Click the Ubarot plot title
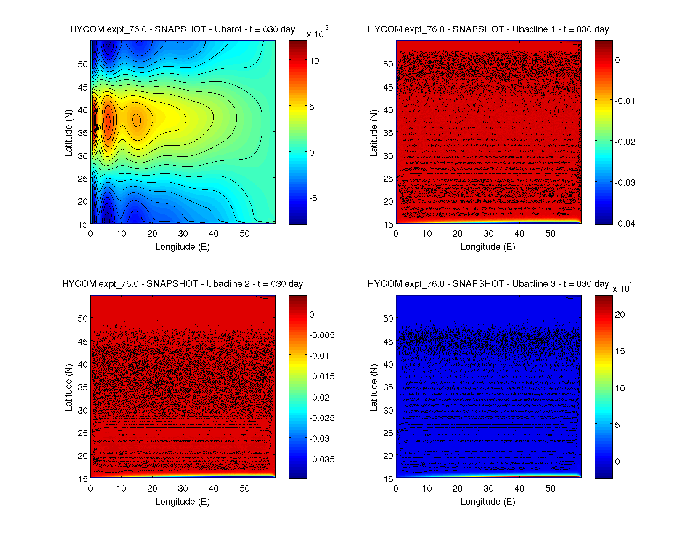pyautogui.click(x=182, y=29)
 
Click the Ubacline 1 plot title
pyautogui.click(x=488, y=29)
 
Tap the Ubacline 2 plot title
pyautogui.click(x=182, y=284)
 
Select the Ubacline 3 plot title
pyautogui.click(x=488, y=284)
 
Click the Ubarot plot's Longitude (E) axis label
pyautogui.click(x=182, y=247)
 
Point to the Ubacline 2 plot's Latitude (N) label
pyautogui.click(x=68, y=387)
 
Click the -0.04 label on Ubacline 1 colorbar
pyautogui.click(x=625, y=224)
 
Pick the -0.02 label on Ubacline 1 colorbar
pyautogui.click(x=625, y=142)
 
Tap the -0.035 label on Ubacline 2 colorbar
pyautogui.click(x=322, y=460)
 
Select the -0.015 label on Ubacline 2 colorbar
pyautogui.click(x=322, y=377)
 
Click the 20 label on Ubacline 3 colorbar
pyautogui.click(x=620, y=315)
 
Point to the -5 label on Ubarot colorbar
pyautogui.click(x=313, y=198)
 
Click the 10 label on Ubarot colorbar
pyautogui.click(x=314, y=61)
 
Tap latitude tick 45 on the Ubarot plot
pyautogui.click(x=83, y=88)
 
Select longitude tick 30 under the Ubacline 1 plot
pyautogui.click(x=488, y=234)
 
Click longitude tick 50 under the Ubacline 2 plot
pyautogui.click(x=244, y=489)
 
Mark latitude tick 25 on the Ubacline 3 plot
pyautogui.click(x=388, y=433)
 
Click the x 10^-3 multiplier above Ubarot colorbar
pyautogui.click(x=318, y=33)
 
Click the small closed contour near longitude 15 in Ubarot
pyautogui.click(x=137, y=120)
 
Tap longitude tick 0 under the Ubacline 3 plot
pyautogui.click(x=396, y=489)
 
